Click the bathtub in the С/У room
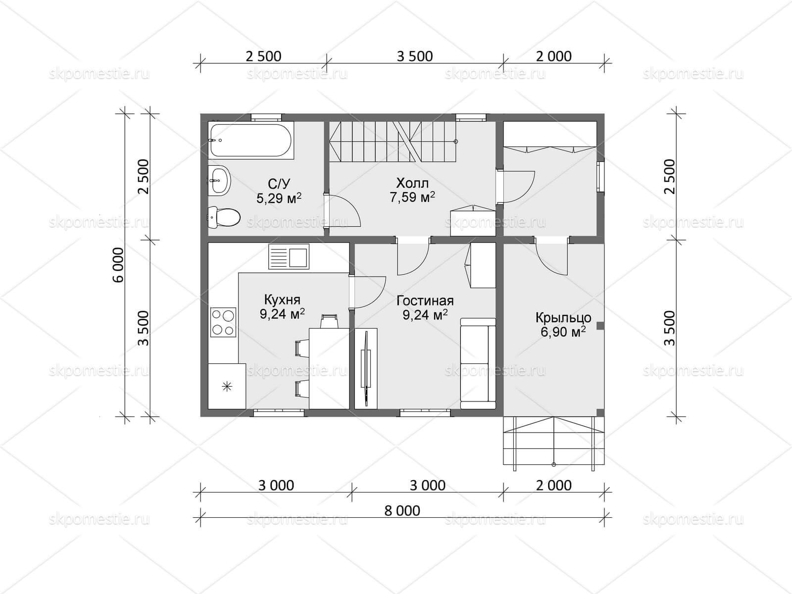point(251,140)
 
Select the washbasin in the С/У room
point(219,180)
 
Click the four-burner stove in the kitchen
point(223,322)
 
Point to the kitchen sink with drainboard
point(289,256)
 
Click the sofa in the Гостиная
point(478,363)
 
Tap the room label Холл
point(412,183)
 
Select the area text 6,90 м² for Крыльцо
point(563,332)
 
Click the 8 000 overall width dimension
point(402,511)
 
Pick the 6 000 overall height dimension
point(119,265)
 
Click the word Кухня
point(282,299)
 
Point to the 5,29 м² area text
point(279,198)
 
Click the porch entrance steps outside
point(554,443)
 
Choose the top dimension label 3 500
point(415,56)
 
